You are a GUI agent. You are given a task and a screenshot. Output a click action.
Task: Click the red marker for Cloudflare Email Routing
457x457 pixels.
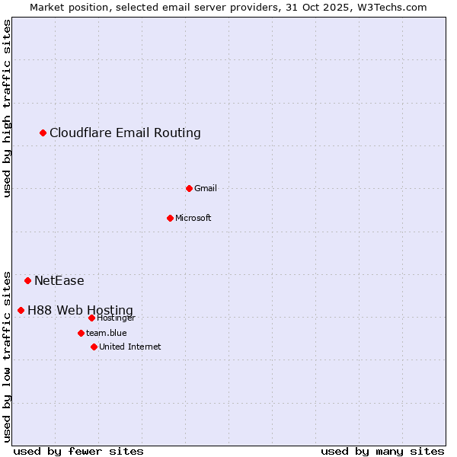(x=43, y=133)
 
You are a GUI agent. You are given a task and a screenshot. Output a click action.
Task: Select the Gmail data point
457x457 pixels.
(x=189, y=188)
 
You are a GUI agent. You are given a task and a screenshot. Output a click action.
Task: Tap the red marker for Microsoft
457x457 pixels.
(x=170, y=218)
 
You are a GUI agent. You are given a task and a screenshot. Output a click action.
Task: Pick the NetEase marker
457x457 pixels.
(x=28, y=281)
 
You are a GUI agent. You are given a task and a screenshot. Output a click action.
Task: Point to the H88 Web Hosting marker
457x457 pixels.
(x=21, y=310)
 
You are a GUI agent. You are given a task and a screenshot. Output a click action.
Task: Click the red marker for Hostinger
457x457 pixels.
(x=91, y=318)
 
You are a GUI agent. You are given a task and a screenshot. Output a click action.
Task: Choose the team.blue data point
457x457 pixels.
(x=81, y=333)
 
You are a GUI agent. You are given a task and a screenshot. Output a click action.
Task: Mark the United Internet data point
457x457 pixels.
(x=94, y=347)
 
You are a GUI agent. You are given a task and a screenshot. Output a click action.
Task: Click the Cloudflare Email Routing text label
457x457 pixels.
(x=125, y=133)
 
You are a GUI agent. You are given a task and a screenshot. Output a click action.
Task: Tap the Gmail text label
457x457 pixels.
(x=206, y=188)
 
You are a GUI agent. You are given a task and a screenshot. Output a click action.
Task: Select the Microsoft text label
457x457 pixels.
(x=193, y=218)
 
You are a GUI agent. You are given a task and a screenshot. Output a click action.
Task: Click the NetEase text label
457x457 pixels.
(x=59, y=281)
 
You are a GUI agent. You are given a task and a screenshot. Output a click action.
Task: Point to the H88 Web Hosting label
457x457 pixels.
(x=80, y=310)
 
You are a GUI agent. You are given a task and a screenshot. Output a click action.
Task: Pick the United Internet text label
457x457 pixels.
(x=129, y=347)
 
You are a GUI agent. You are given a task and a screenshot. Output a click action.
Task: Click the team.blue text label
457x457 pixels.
(x=106, y=333)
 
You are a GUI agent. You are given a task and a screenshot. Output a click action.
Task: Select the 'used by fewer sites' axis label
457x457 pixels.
(x=78, y=451)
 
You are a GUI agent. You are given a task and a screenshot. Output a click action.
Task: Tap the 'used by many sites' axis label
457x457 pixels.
(x=382, y=451)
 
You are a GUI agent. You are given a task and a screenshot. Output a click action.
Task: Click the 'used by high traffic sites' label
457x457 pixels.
(x=7, y=109)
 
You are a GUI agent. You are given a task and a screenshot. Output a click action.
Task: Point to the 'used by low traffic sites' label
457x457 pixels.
(x=7, y=356)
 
